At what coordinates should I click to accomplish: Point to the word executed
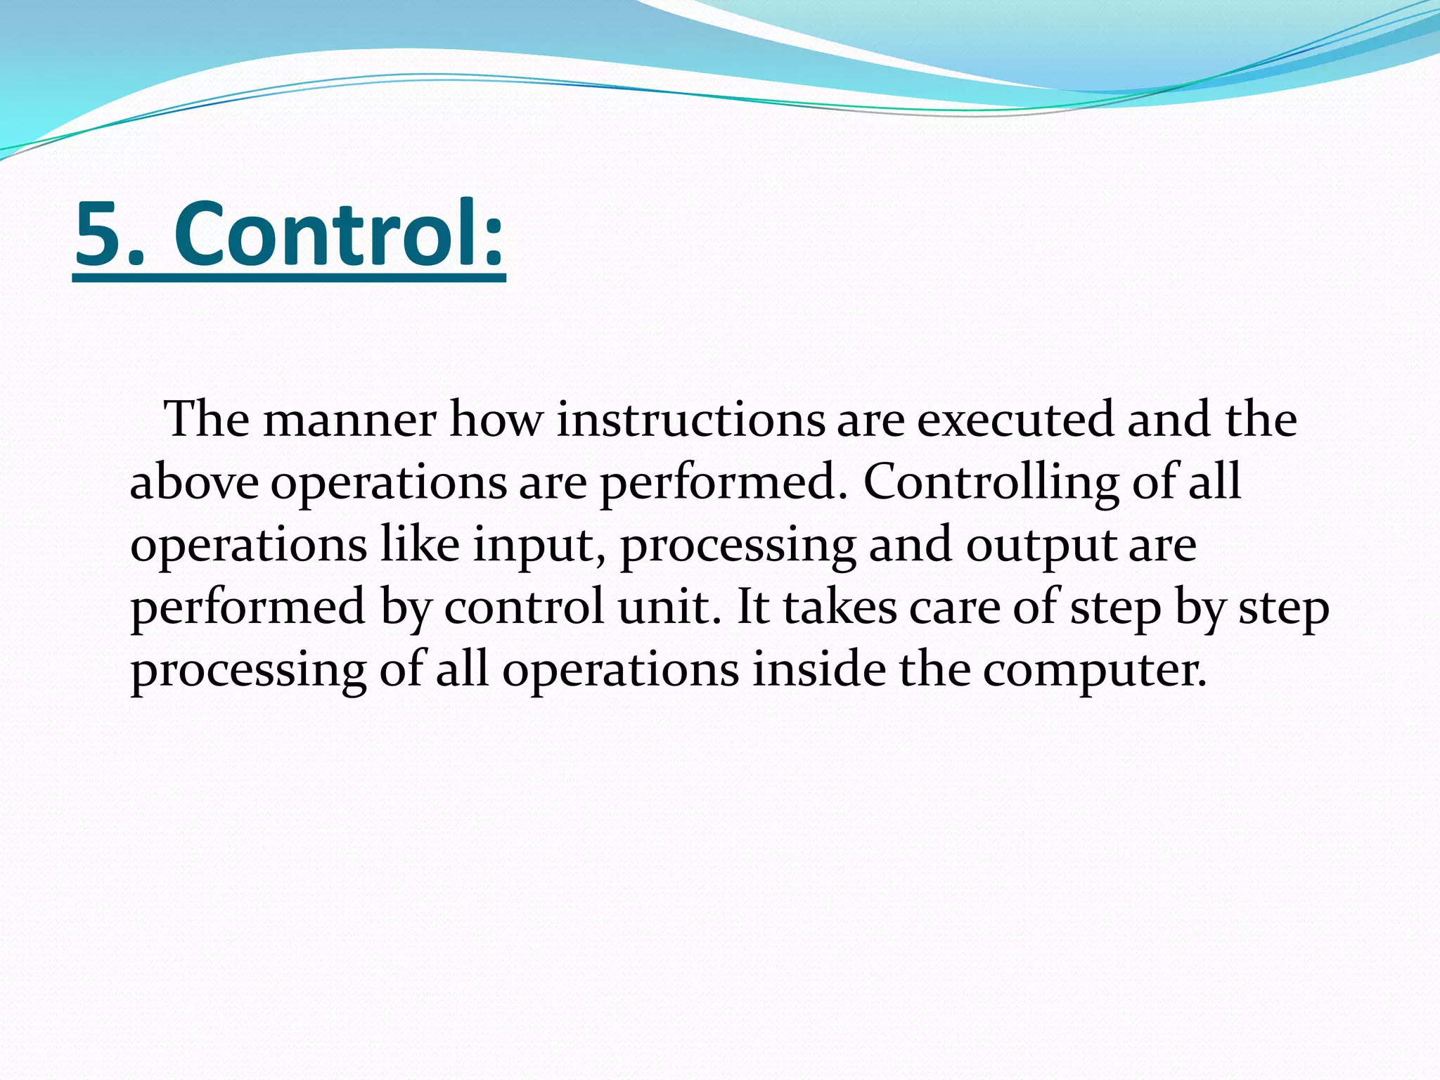1016,420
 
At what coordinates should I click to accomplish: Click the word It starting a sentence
753,607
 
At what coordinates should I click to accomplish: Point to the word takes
840,607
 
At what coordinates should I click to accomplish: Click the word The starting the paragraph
207,420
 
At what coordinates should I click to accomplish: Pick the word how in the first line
496,420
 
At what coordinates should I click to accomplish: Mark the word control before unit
524,607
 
